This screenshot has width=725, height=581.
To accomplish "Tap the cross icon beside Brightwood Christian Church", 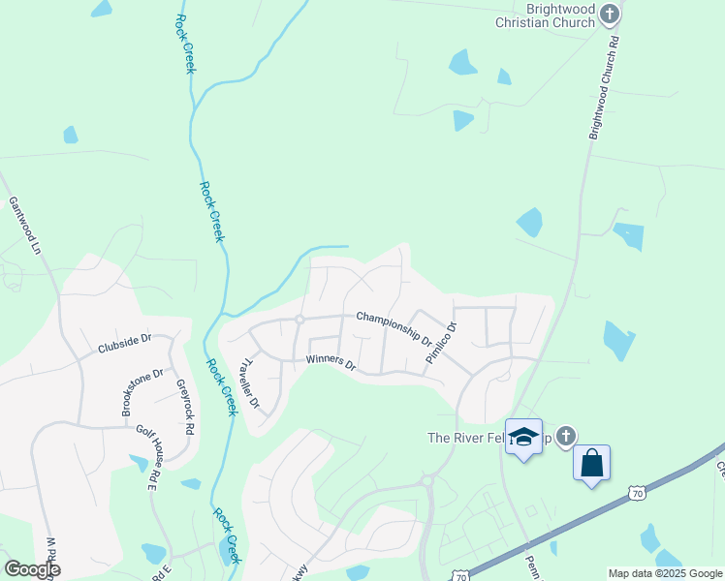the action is tap(609, 14).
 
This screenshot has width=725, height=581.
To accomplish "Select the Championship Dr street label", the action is tap(394, 326).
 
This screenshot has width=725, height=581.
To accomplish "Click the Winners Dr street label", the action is tap(331, 363).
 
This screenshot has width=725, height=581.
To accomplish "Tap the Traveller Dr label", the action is tap(249, 383).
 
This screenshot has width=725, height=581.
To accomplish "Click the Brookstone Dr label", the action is tap(142, 392).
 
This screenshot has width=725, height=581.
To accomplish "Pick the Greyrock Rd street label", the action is tap(186, 404).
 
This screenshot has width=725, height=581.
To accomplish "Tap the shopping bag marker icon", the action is tap(591, 463).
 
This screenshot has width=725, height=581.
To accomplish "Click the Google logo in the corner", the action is tap(32, 569).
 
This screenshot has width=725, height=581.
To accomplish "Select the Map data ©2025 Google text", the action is tap(665, 573).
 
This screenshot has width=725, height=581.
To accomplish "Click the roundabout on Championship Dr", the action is tap(300, 320).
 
